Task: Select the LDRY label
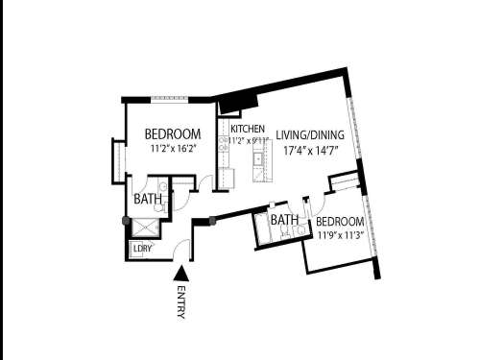pos(143,248)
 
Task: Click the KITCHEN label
pos(247,129)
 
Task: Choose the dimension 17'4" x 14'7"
pos(310,151)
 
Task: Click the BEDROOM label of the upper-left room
pos(173,133)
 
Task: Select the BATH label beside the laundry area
pos(147,200)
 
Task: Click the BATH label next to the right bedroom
pos(283,221)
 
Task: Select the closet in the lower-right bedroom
pos(343,182)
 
